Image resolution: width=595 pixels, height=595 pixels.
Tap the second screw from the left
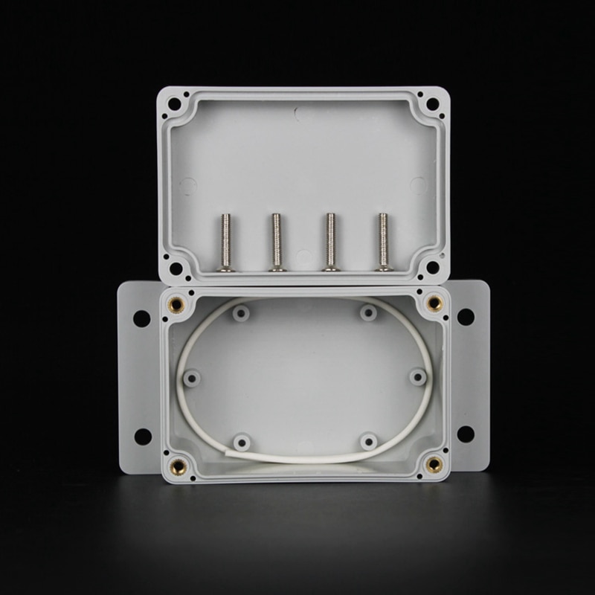click(x=277, y=242)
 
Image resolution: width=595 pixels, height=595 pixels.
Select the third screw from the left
click(x=328, y=242)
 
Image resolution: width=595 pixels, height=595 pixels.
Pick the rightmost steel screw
click(x=383, y=242)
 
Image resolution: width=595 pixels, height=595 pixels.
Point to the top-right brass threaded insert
click(x=434, y=303)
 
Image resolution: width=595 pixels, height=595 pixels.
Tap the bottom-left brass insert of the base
click(x=179, y=466)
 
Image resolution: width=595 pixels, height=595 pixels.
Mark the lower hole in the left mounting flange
click(x=141, y=436)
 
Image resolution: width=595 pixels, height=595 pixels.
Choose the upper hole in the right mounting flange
click(x=466, y=317)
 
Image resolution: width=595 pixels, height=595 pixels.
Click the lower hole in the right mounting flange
click(x=466, y=434)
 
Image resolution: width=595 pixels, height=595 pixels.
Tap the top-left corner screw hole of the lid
click(x=176, y=105)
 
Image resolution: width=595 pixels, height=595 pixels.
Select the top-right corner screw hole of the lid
click(x=432, y=104)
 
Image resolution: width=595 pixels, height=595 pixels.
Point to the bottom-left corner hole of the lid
click(x=176, y=268)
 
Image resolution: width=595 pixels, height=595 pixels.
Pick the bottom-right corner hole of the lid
click(x=431, y=267)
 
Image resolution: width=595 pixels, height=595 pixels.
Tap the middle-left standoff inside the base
click(x=192, y=378)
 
